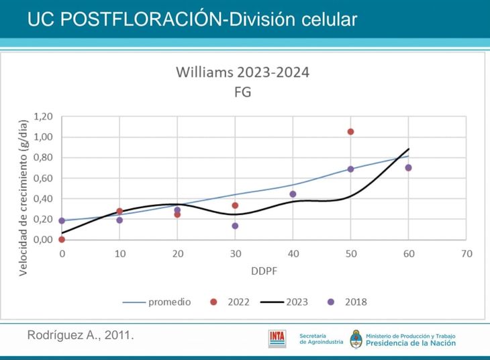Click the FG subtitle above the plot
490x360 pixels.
[x=242, y=93]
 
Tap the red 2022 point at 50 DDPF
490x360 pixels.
[x=350, y=132]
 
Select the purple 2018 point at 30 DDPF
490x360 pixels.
[x=235, y=226]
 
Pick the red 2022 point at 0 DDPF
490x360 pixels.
[x=62, y=239]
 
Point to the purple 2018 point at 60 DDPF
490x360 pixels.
[x=408, y=167]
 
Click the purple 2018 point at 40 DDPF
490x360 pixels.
[x=293, y=194]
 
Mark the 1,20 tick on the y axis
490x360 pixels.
[x=42, y=117]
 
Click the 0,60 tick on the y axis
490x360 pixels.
[x=42, y=178]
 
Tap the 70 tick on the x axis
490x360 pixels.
[x=467, y=254]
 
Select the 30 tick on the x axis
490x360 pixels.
[x=235, y=254]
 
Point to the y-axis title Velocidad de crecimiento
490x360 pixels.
[x=23, y=197]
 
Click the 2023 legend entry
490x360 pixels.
[x=296, y=302]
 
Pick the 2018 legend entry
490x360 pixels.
[x=355, y=302]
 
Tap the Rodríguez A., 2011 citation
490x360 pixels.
[x=81, y=334]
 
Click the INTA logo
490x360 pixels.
[x=277, y=338]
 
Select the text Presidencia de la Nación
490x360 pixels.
[x=411, y=343]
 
